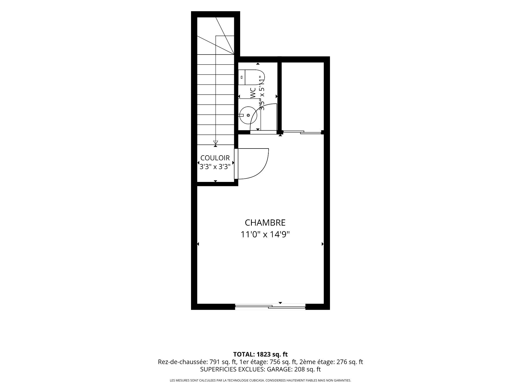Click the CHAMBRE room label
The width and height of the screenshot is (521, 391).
click(x=265, y=223)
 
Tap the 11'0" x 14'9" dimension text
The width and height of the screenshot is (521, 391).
click(x=265, y=234)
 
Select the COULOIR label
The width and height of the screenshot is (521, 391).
click(x=215, y=158)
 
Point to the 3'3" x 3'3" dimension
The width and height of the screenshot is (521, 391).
click(x=215, y=166)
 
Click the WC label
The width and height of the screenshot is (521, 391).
click(x=253, y=93)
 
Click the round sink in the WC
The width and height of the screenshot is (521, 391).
click(x=247, y=115)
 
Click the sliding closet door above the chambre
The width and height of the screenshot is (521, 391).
click(x=302, y=132)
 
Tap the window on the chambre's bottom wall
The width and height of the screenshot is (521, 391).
click(x=270, y=307)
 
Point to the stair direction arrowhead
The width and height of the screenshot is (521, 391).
click(x=216, y=143)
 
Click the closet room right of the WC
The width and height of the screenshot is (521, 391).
click(x=303, y=96)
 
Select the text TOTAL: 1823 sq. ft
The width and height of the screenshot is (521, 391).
click(x=260, y=354)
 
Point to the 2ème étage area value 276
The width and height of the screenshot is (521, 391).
click(x=342, y=362)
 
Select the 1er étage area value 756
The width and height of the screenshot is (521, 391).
click(x=274, y=362)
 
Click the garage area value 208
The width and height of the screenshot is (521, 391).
click(x=299, y=370)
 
